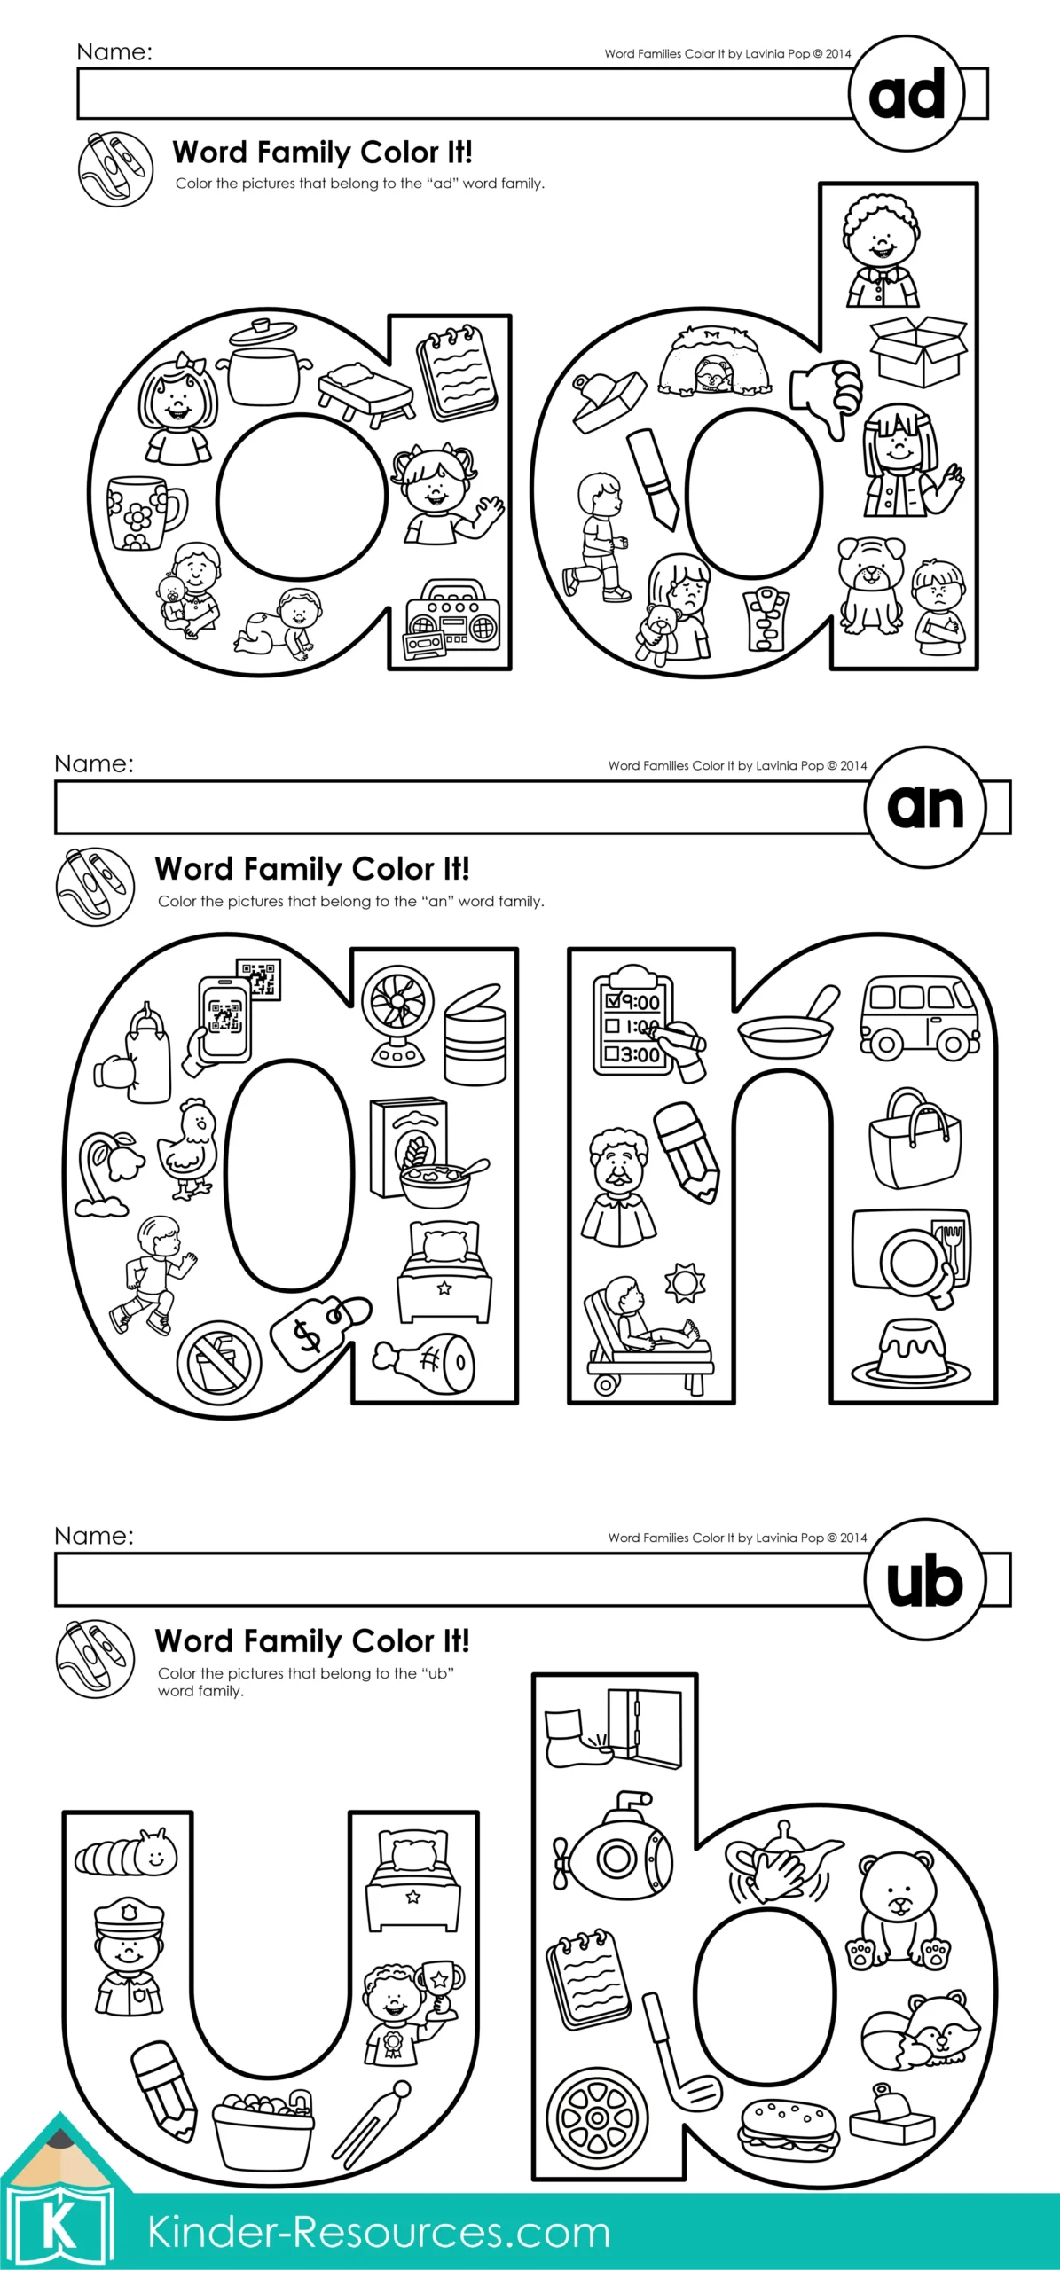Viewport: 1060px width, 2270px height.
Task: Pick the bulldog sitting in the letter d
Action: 870,583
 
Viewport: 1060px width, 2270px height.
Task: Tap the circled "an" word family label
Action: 925,805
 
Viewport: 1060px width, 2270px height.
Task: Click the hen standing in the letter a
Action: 190,1148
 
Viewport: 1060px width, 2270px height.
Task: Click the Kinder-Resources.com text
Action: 379,2232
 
